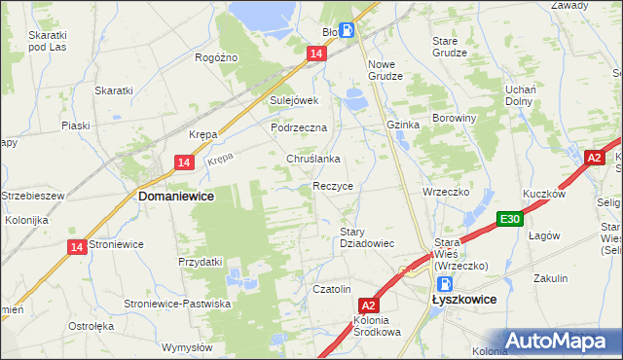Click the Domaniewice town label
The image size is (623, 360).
click(176, 196)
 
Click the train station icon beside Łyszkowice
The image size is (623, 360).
click(444, 285)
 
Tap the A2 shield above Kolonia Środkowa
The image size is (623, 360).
click(367, 306)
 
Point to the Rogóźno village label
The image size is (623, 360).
click(216, 57)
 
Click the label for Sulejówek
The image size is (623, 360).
click(295, 100)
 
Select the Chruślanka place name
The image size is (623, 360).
click(312, 159)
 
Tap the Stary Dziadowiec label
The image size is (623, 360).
click(366, 237)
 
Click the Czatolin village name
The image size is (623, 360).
click(331, 289)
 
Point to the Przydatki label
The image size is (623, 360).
click(201, 262)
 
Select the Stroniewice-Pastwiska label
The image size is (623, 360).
click(177, 304)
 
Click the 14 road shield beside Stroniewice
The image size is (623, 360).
click(77, 248)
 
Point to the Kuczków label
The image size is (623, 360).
click(544, 194)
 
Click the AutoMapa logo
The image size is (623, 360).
click(561, 341)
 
